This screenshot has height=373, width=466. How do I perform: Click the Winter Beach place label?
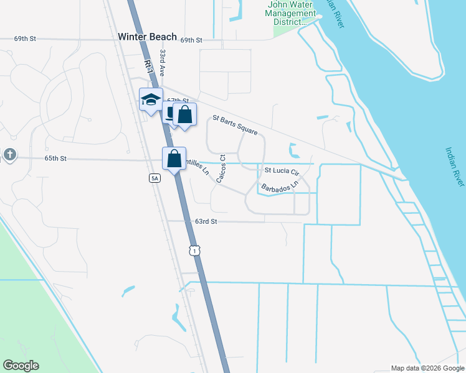pyautogui.click(x=147, y=37)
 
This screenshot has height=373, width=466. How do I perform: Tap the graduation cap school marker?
pyautogui.click(x=151, y=99)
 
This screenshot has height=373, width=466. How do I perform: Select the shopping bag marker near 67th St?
pyautogui.click(x=184, y=115)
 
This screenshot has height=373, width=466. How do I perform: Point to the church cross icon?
pyautogui.click(x=9, y=154)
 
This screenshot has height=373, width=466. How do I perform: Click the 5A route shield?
pyautogui.click(x=155, y=178)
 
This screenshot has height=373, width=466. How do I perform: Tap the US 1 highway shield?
pyautogui.click(x=195, y=250)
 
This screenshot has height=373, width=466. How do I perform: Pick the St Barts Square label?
pyautogui.click(x=235, y=126)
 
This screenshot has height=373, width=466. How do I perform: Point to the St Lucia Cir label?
pyautogui.click(x=283, y=170)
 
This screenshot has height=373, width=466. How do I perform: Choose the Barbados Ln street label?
pyautogui.click(x=280, y=185)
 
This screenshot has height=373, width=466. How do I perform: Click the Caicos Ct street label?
pyautogui.click(x=221, y=169)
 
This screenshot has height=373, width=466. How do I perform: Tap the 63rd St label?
pyautogui.click(x=206, y=221)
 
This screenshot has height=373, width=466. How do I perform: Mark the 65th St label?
pyautogui.click(x=55, y=159)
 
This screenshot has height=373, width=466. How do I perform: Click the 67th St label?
pyautogui.click(x=178, y=100)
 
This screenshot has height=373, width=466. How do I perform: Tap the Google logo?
pyautogui.click(x=21, y=366)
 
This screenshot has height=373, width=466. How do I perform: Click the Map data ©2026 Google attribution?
pyautogui.click(x=427, y=367)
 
